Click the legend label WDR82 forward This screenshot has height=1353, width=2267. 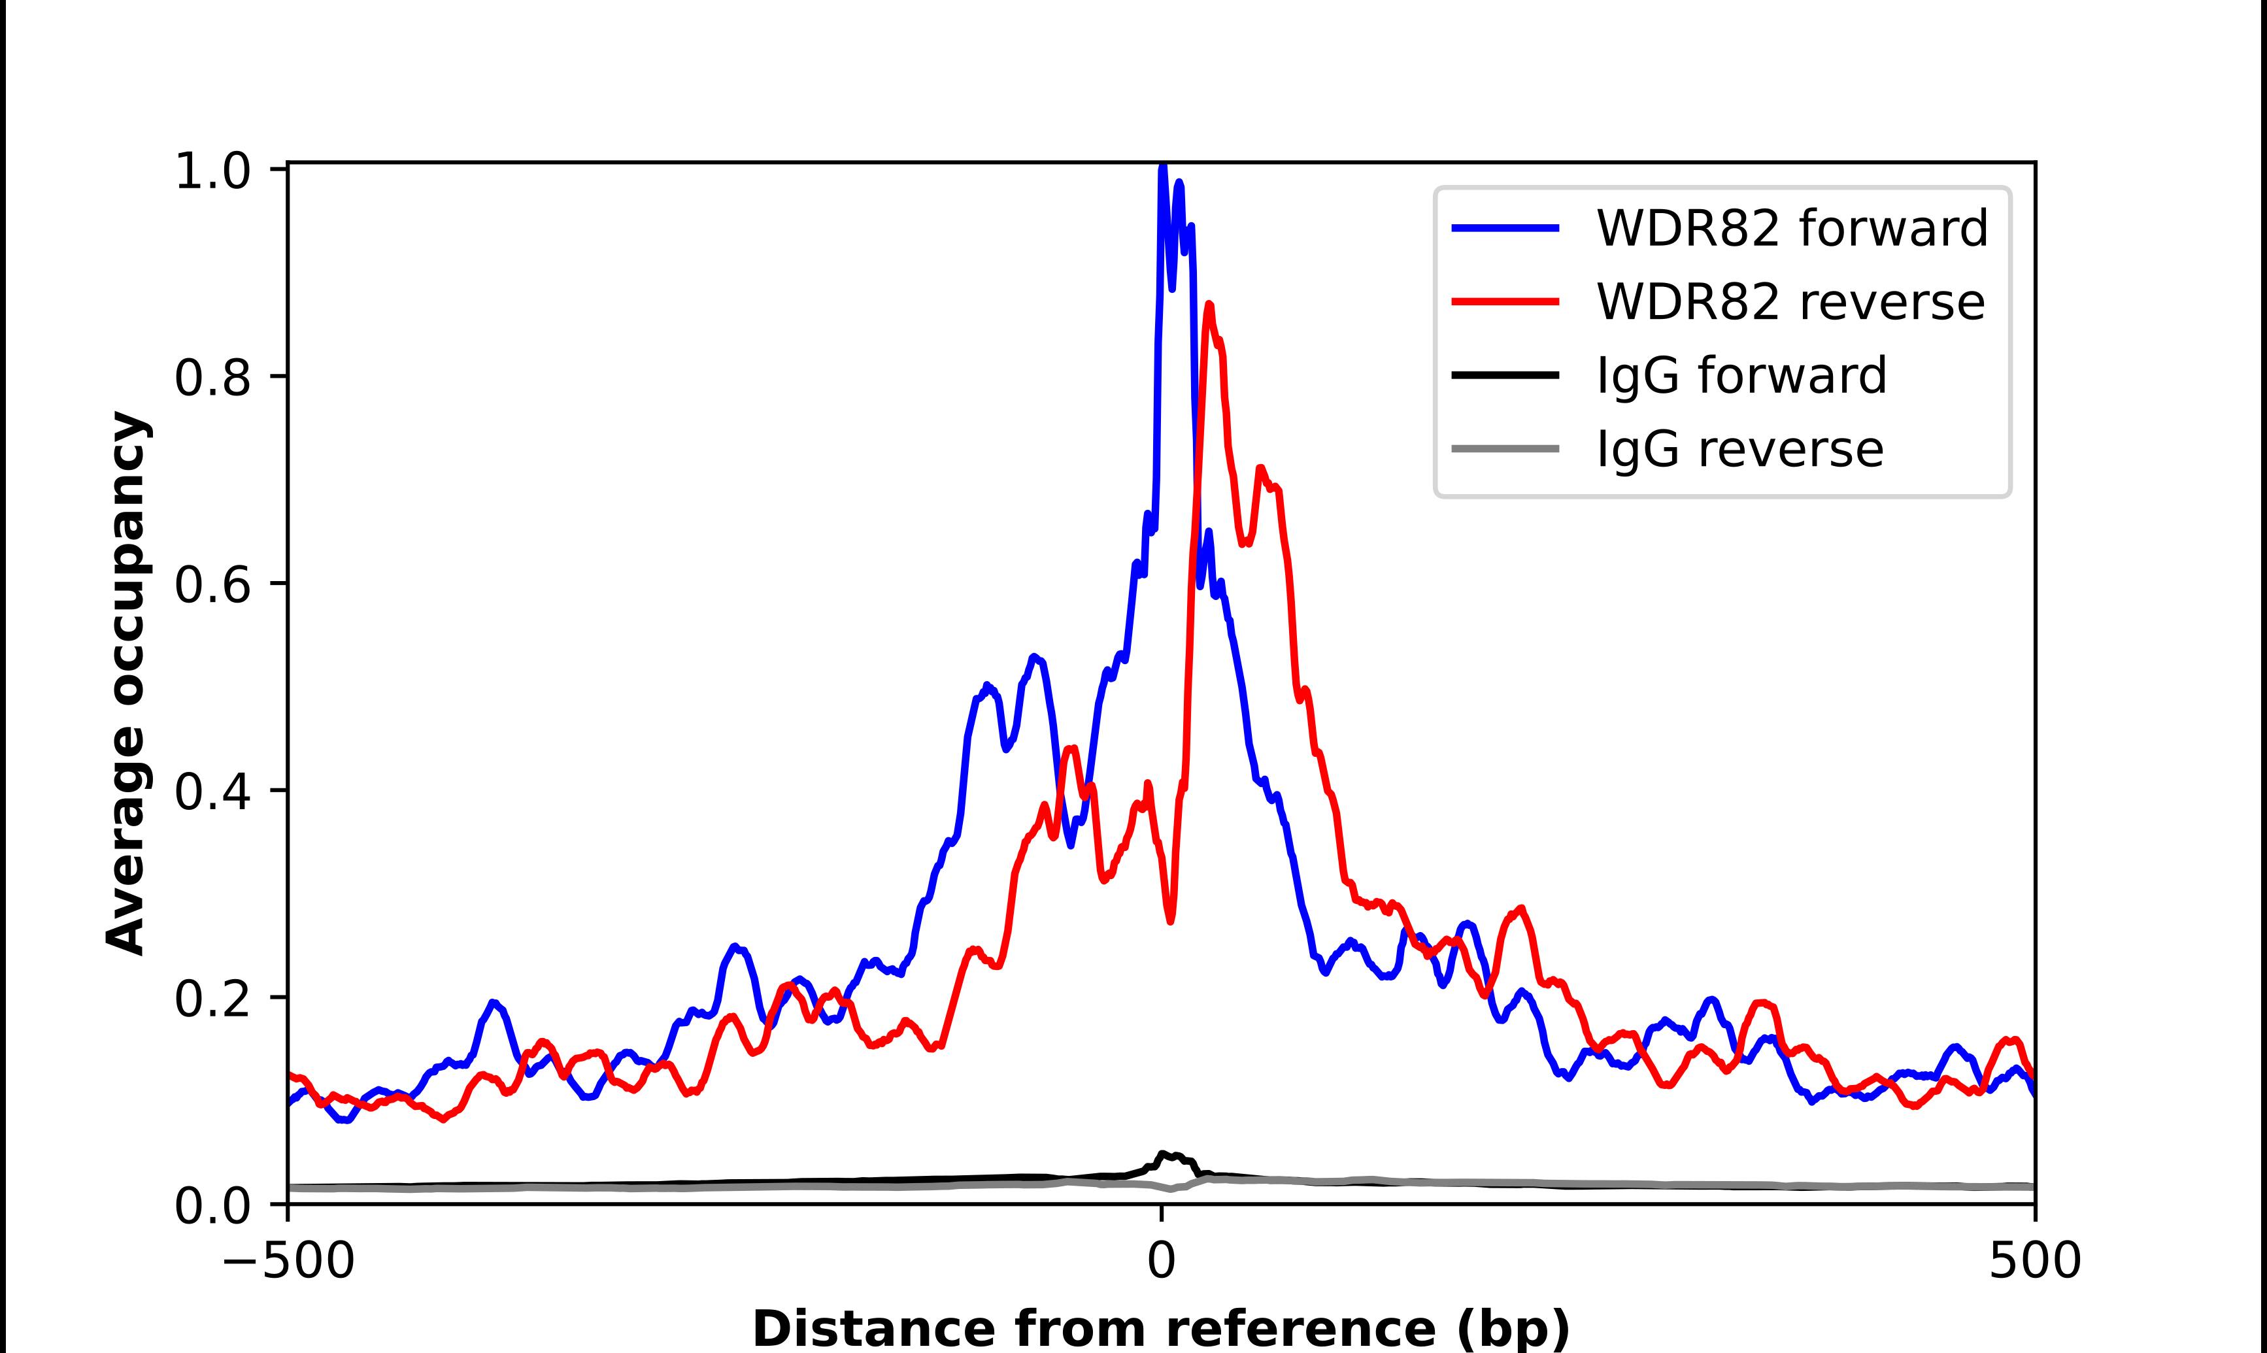click(x=1791, y=228)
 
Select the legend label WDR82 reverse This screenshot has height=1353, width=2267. click(x=1789, y=302)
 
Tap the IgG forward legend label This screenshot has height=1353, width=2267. click(x=1741, y=376)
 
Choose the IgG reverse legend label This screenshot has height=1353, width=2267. click(x=1739, y=450)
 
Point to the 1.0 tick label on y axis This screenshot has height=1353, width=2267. click(x=212, y=171)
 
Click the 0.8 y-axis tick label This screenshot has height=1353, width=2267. click(x=212, y=377)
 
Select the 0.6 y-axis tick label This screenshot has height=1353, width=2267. click(x=212, y=584)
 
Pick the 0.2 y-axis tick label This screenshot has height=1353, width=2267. click(x=212, y=998)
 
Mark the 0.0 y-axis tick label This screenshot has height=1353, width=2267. click(x=212, y=1205)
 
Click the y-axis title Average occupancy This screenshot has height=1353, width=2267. click(x=126, y=684)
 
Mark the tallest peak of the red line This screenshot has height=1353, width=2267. click(x=1209, y=305)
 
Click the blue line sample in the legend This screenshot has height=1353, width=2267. click(x=1505, y=228)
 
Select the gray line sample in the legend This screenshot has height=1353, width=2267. click(x=1505, y=450)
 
